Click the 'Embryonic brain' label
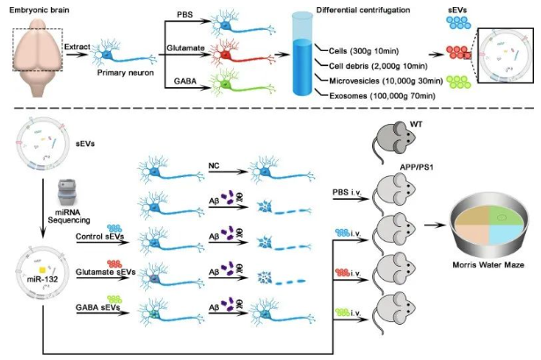(40, 10)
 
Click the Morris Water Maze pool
(491, 229)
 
